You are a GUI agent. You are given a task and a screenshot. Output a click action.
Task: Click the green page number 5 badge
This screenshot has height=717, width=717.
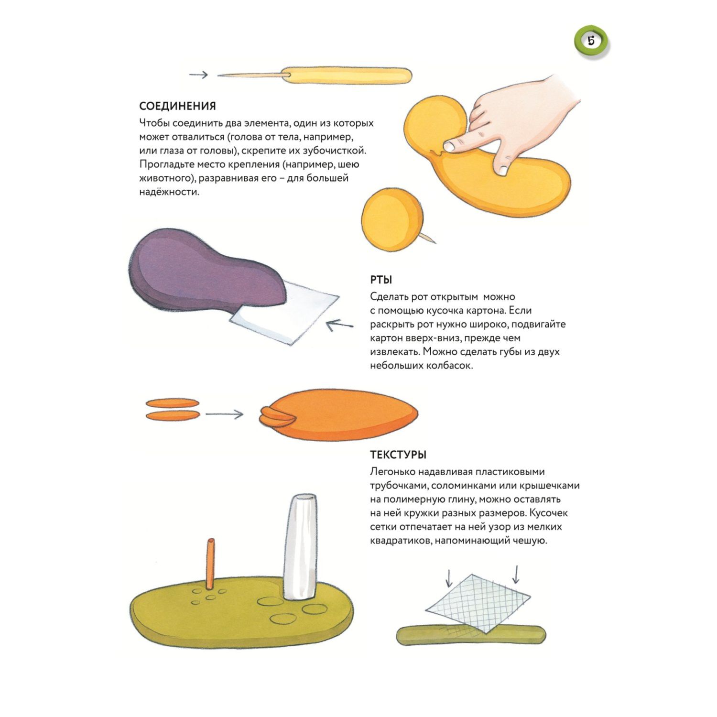pyautogui.click(x=591, y=42)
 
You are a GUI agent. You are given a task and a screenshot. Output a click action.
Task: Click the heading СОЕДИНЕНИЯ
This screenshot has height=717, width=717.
pyautogui.click(x=177, y=106)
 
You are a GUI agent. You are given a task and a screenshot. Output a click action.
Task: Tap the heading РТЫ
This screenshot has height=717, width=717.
pyautogui.click(x=381, y=280)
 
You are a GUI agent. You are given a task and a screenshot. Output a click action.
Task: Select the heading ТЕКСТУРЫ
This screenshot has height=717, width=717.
pyautogui.click(x=398, y=455)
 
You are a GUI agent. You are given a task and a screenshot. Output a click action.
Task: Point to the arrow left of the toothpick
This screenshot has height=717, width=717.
pyautogui.click(x=198, y=75)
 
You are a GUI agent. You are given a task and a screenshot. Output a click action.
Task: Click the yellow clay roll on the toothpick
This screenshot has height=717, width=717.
pyautogui.click(x=347, y=76)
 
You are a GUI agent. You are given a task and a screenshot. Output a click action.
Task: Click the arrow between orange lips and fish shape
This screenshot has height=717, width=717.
pyautogui.click(x=224, y=414)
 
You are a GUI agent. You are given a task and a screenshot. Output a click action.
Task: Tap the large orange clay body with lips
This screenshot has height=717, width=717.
pyautogui.click(x=339, y=414)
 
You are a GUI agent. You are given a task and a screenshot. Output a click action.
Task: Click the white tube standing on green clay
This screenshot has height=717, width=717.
pyautogui.click(x=301, y=547)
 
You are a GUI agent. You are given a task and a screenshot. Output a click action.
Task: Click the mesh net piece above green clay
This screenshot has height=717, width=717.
pyautogui.click(x=478, y=603)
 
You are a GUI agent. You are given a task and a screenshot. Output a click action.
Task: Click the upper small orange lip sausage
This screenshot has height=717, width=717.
pyautogui.click(x=172, y=403)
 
